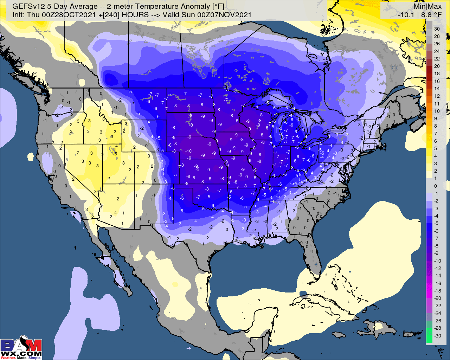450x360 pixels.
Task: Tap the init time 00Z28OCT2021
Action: (75, 15)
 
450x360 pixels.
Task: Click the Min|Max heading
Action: (427, 6)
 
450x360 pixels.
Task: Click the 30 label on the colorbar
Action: (437, 29)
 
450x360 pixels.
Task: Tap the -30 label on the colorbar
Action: (437, 336)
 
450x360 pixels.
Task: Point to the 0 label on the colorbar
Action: (436, 186)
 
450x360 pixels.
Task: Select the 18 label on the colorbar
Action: (437, 74)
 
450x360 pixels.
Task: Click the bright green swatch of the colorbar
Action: (429, 336)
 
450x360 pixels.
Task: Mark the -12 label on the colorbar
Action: (437, 268)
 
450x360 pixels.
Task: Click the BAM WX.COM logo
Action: (21, 348)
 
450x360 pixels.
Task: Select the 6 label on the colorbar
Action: (436, 141)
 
